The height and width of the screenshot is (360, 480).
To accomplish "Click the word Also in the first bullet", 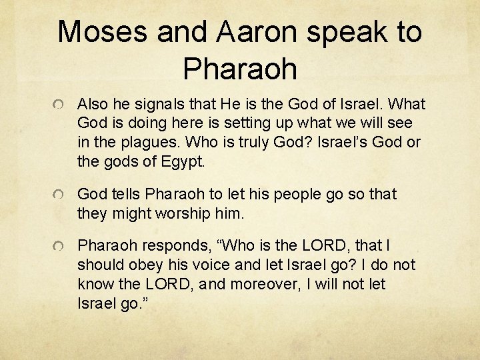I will pos(93,105).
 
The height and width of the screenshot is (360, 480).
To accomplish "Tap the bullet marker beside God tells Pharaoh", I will pos(61,195).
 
